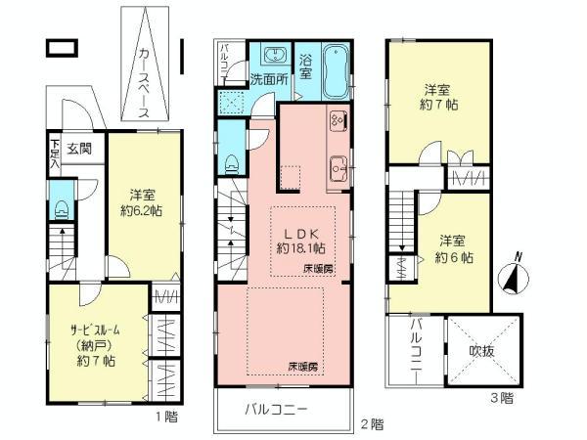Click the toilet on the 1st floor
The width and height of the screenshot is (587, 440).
tap(62, 207)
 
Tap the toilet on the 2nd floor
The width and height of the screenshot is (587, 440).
tap(231, 161)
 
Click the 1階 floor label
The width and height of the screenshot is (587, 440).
tap(165, 417)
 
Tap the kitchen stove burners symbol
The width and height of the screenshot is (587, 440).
tap(339, 122)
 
